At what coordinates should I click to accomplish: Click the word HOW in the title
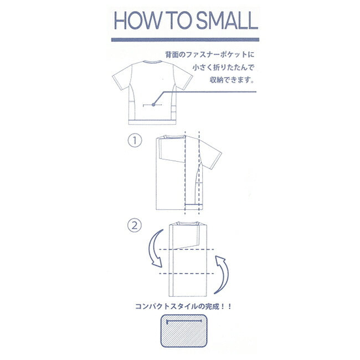[x=137, y=20]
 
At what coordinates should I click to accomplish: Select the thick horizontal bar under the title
[x=185, y=40]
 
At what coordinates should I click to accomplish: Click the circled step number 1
[x=135, y=140]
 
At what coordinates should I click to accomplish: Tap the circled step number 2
[x=135, y=225]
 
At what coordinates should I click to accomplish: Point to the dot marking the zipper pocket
[x=153, y=105]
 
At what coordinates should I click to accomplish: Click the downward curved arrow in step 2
[x=155, y=249]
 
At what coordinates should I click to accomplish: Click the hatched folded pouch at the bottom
[x=184, y=331]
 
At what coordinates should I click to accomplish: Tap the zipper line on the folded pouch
[x=184, y=321]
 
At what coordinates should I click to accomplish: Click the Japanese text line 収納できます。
[x=232, y=80]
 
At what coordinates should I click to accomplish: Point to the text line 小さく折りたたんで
[x=223, y=68]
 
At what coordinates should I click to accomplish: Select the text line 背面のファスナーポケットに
[x=209, y=55]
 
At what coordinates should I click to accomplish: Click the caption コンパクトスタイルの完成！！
[x=183, y=306]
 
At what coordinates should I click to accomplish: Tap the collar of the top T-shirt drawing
[x=153, y=61]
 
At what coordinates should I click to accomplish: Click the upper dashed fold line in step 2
[x=186, y=249]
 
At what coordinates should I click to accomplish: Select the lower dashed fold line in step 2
[x=186, y=274]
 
